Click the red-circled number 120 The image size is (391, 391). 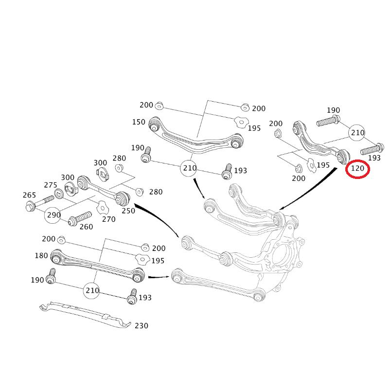coord(357,169)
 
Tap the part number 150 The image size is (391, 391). coord(139,122)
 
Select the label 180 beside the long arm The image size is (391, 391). coord(41,255)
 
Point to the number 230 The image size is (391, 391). coord(142,325)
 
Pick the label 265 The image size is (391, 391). coord(29,195)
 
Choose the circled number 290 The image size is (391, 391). coord(53,214)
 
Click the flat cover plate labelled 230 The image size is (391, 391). coord(85,315)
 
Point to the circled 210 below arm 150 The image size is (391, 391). coord(189,168)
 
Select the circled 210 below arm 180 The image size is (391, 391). coord(92,290)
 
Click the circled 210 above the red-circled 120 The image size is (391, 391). coord(357,132)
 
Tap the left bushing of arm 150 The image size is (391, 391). coord(154,126)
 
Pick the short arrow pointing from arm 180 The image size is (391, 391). coord(158,277)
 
